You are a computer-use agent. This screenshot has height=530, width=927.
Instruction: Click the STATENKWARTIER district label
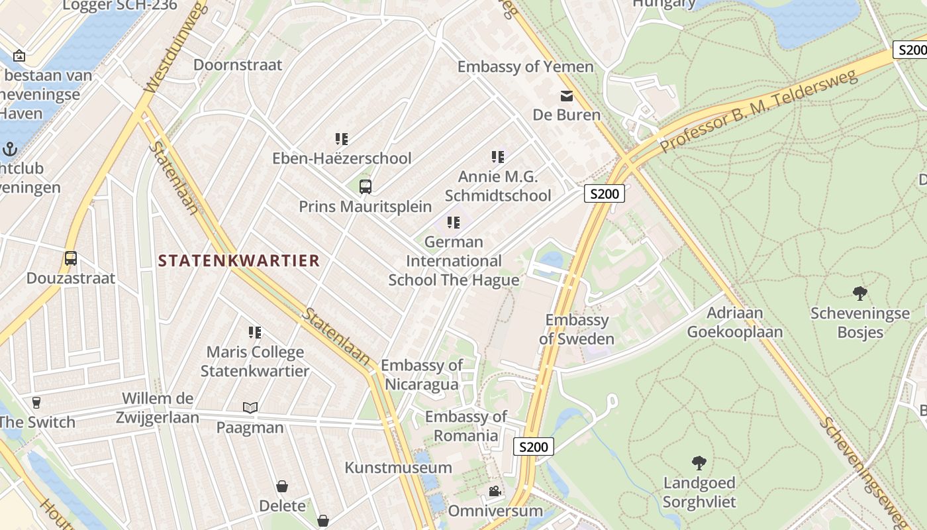[x=238, y=260]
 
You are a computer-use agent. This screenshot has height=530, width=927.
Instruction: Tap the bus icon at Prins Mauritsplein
[x=365, y=186]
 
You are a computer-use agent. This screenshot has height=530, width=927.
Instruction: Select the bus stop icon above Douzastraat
[x=71, y=258]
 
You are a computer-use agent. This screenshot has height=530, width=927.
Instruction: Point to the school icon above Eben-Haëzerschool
[x=342, y=139]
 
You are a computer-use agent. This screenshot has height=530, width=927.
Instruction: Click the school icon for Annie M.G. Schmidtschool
[x=498, y=157]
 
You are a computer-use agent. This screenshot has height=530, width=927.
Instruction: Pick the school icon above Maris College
[x=255, y=332]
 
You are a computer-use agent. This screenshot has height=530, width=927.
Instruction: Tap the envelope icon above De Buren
[x=567, y=96]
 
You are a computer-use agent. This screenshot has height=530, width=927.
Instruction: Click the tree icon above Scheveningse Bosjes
[x=860, y=293]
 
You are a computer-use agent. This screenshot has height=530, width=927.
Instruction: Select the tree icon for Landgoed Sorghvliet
[x=699, y=462]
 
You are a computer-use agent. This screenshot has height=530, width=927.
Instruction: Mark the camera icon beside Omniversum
[x=495, y=492]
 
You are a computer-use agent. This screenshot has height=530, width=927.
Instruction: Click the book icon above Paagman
[x=250, y=407]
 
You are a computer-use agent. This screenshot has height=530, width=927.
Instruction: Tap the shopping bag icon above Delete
[x=282, y=486]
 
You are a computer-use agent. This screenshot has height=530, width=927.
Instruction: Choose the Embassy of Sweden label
[x=577, y=329]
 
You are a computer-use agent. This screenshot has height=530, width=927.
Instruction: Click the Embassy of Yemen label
[x=526, y=67]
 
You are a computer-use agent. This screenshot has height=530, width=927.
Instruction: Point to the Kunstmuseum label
[x=398, y=468]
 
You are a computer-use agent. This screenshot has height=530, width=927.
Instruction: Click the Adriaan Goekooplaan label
[x=735, y=322]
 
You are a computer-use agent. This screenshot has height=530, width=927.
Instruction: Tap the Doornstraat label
[x=238, y=65]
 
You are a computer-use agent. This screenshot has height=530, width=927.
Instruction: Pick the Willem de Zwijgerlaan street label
[x=158, y=408]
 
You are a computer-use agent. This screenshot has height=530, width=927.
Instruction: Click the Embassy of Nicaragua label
[x=422, y=374]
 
